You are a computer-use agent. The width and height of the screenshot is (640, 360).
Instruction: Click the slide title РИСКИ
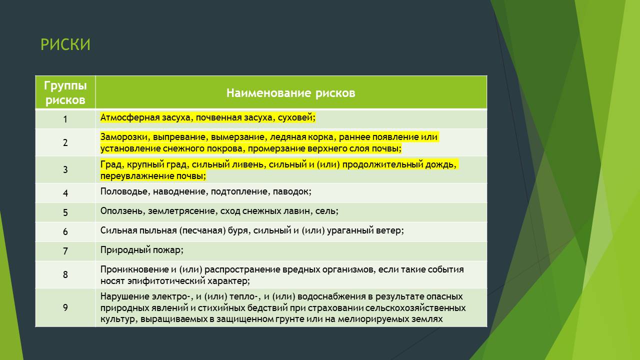pos(65,44)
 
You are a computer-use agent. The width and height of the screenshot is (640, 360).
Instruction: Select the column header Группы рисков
pos(65,92)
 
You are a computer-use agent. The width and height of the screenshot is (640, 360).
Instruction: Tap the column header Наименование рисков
pos(291,93)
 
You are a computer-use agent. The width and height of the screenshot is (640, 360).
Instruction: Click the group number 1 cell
pos(65,119)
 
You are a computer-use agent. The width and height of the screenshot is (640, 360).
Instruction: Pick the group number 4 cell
pos(65,193)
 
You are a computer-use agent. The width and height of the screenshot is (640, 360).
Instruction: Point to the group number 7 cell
pos(65,251)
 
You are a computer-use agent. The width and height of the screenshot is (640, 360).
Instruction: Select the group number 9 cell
pos(65,307)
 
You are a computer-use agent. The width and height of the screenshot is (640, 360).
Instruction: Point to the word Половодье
pos(124,191)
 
